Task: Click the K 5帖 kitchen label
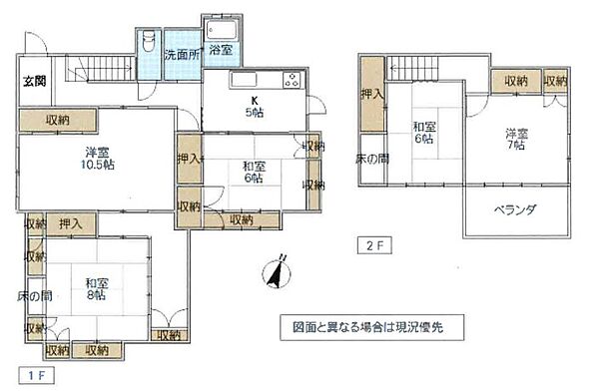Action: coord(256,106)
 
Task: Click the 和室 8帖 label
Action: coord(97,289)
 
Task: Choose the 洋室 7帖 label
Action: coord(516,140)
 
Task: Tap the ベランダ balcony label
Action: coord(516,209)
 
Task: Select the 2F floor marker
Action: coord(371,242)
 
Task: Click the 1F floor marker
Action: coord(36,375)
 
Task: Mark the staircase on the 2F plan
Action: coord(410,69)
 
